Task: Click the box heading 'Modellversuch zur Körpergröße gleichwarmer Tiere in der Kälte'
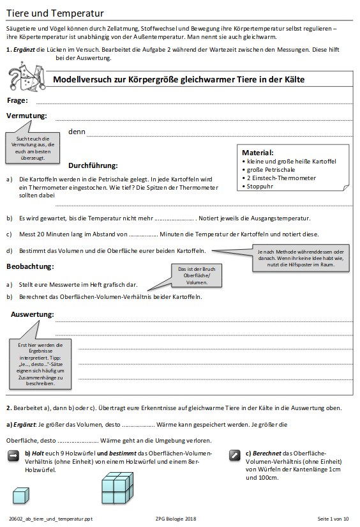click(x=179, y=79)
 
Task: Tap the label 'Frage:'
click(x=17, y=100)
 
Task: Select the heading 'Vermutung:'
click(x=27, y=116)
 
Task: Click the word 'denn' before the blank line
click(x=77, y=132)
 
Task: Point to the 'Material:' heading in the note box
click(x=258, y=153)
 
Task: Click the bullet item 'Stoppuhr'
click(x=260, y=187)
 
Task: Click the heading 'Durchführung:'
click(x=93, y=165)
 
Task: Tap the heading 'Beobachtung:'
click(x=30, y=266)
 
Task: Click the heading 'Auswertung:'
click(x=32, y=314)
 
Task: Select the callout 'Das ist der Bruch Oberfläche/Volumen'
click(x=196, y=275)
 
